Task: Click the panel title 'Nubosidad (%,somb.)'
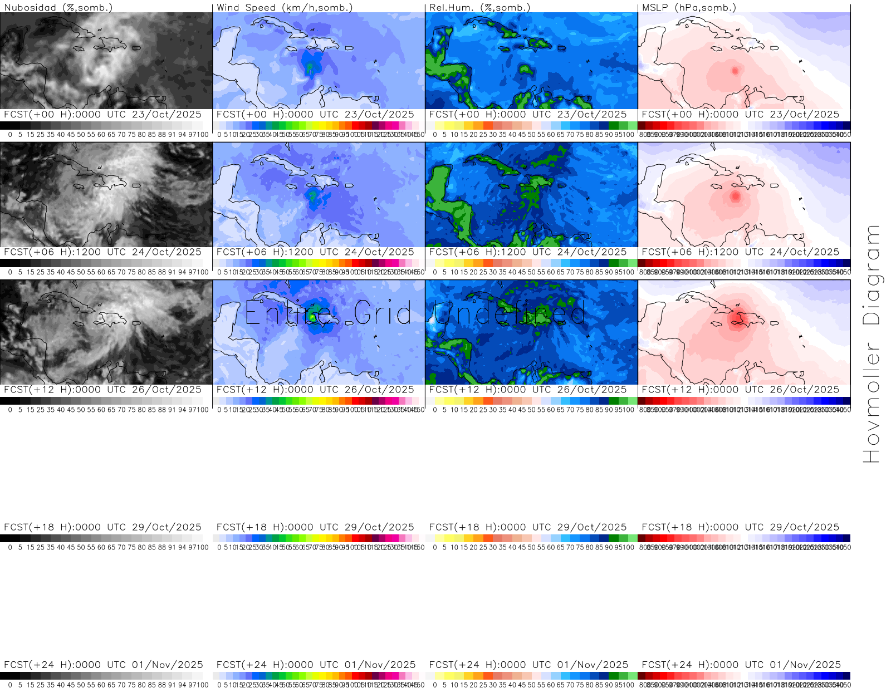(x=58, y=7)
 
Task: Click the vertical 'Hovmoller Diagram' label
(x=872, y=343)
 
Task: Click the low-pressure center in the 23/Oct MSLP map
(x=735, y=71)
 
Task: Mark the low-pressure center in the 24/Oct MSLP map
(x=735, y=196)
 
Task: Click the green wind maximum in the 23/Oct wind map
(x=310, y=68)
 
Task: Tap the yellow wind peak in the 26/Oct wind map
(x=313, y=317)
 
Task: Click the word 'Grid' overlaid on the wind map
(x=383, y=313)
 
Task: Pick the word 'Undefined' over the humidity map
(x=510, y=313)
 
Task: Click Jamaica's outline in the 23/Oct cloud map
(x=78, y=50)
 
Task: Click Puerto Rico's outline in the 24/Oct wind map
(x=350, y=186)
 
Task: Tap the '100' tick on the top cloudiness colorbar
(x=203, y=134)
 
